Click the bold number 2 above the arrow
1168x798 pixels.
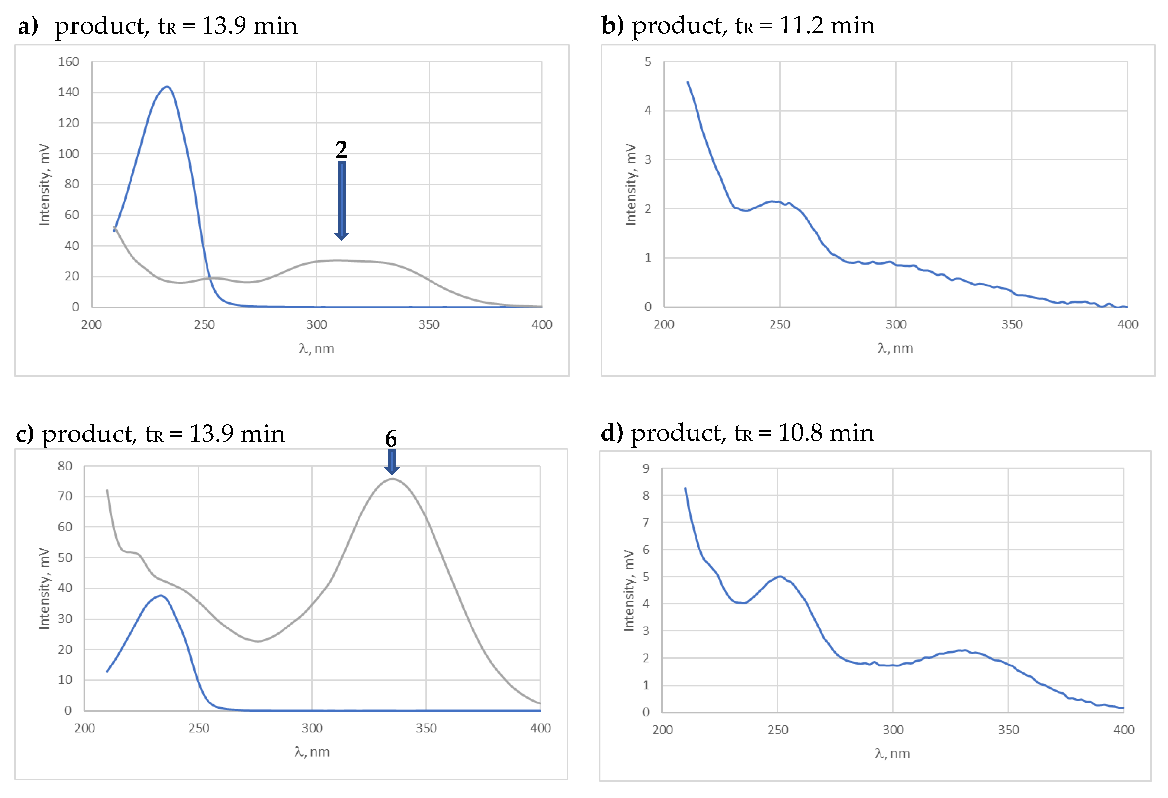coord(341,149)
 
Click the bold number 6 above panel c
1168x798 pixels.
coord(391,439)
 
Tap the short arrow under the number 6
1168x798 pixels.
coord(392,461)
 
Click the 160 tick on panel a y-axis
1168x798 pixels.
coord(69,62)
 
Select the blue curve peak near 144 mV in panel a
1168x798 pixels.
coord(167,87)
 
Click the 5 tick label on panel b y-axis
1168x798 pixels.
coord(648,62)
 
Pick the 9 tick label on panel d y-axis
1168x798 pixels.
coord(646,468)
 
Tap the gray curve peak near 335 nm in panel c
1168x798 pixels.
coord(392,479)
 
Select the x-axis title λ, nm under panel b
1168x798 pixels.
coord(895,348)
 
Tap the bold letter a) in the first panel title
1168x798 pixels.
coord(28,26)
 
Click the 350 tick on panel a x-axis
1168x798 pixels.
coord(429,324)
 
